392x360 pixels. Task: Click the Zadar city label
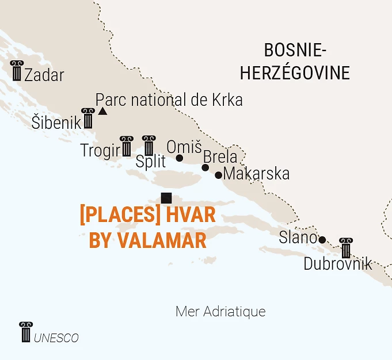44,75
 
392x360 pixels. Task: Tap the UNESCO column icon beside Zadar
17,71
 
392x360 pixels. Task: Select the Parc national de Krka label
169,100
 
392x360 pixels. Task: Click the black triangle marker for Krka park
102,110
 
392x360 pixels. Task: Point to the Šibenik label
56,122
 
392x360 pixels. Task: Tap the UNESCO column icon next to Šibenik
88,118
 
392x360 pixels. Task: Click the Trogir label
100,151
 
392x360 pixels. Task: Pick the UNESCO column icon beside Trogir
126,146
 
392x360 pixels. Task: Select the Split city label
151,161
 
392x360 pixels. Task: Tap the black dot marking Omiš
179,158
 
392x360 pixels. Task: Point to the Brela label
220,157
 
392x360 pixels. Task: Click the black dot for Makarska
219,175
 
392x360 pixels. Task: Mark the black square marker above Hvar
167,198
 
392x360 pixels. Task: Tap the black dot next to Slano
322,240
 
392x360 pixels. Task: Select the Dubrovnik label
338,265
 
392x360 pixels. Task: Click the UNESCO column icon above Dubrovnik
346,247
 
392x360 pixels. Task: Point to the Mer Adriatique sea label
220,312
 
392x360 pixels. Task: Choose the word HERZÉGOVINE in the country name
295,73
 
